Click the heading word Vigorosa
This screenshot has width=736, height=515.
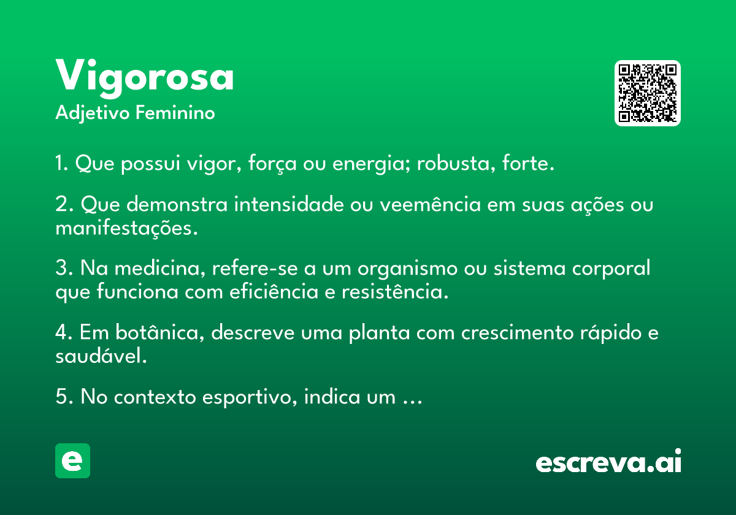click(x=145, y=78)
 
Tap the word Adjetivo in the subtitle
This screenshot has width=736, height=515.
click(x=93, y=113)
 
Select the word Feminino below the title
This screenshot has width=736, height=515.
click(x=175, y=113)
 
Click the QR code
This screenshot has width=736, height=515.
click(x=647, y=93)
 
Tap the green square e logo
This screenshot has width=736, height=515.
click(x=72, y=460)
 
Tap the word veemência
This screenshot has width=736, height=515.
click(x=430, y=204)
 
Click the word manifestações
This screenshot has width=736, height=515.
click(x=126, y=229)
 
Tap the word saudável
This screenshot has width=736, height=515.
click(x=101, y=356)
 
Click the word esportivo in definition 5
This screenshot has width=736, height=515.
click(x=250, y=397)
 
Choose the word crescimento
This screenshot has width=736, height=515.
click(x=518, y=333)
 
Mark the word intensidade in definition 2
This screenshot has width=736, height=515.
click(x=289, y=204)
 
